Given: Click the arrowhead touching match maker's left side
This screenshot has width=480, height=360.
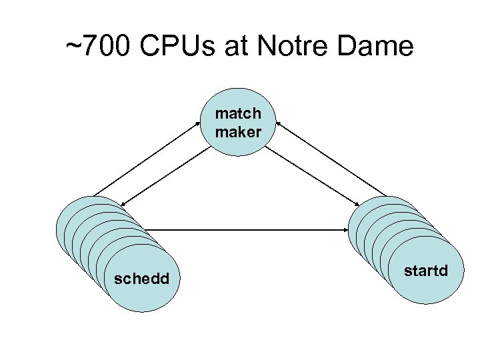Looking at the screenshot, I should tap(203, 122).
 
